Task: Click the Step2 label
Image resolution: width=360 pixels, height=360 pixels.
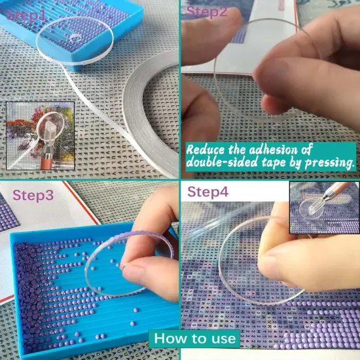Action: point(207,11)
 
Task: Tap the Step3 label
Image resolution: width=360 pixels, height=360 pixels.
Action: point(35,196)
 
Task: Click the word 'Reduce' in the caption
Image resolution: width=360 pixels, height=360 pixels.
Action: point(208,149)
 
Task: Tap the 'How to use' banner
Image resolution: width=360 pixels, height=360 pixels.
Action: point(196,338)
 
